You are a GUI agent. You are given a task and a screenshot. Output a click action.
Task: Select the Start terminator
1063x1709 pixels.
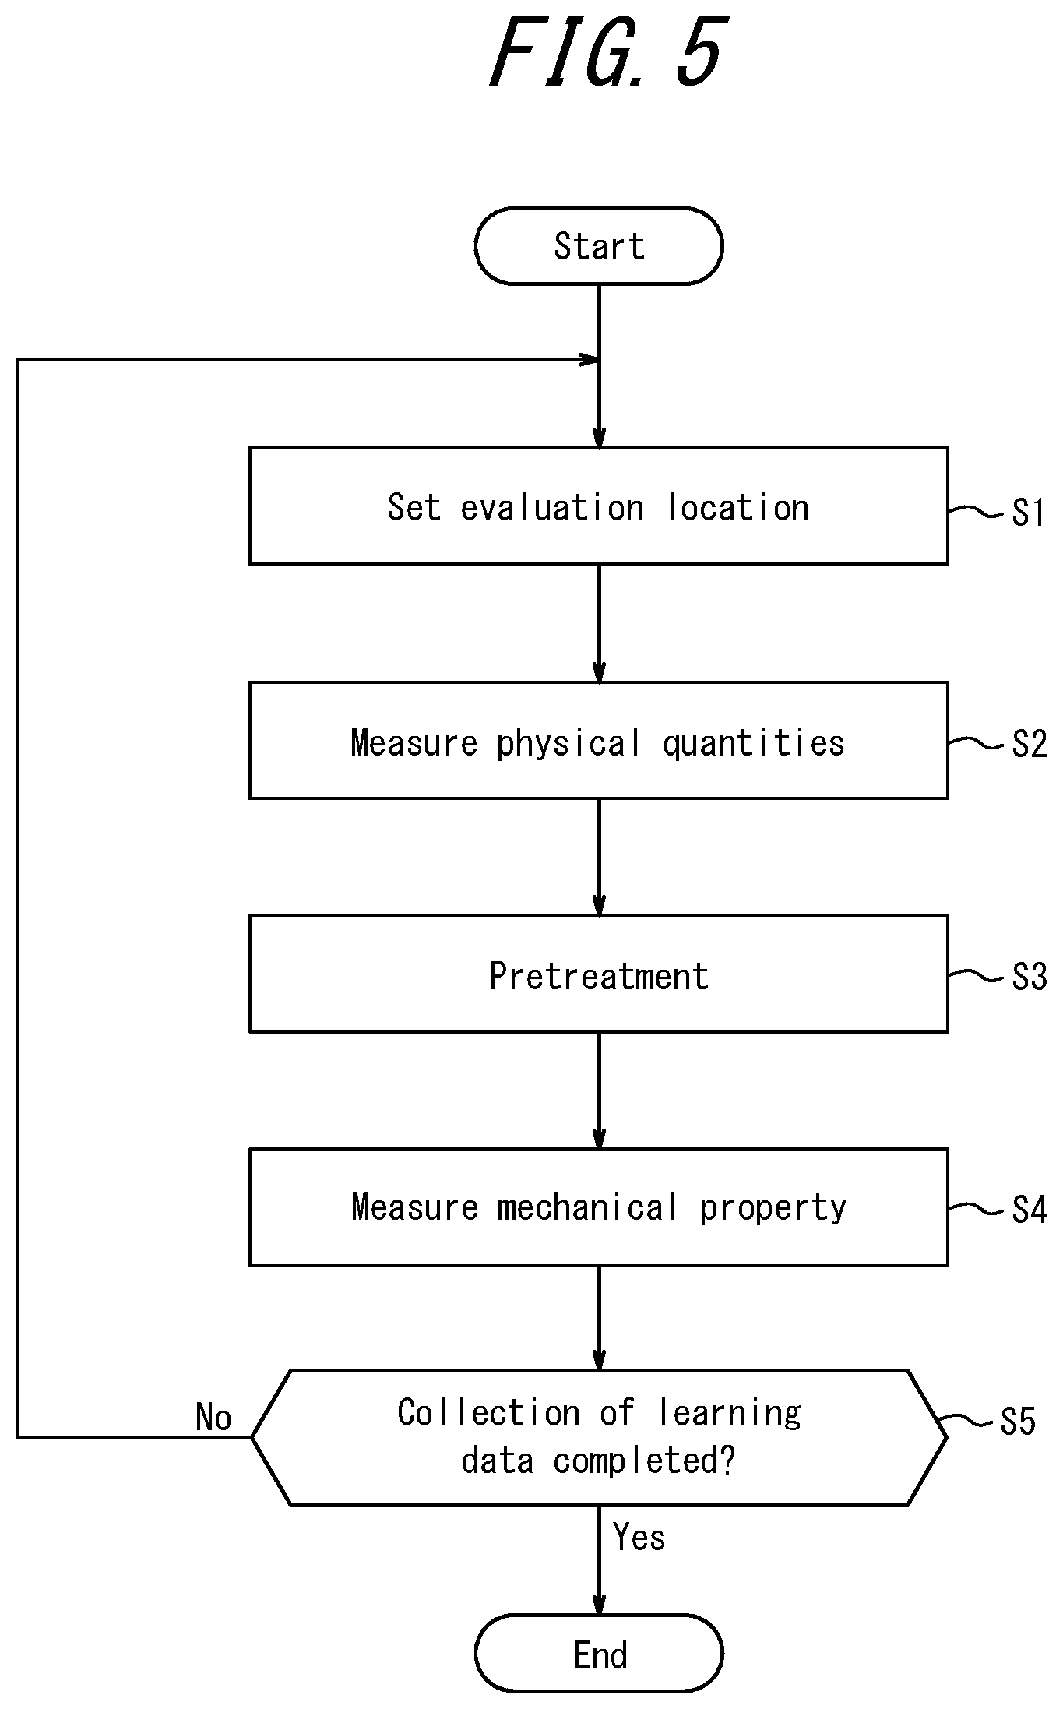599,246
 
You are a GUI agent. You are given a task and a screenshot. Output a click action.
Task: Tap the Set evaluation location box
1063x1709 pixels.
599,506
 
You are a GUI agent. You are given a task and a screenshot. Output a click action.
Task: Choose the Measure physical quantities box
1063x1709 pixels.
599,740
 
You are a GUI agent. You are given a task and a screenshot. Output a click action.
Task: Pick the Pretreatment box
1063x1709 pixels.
599,974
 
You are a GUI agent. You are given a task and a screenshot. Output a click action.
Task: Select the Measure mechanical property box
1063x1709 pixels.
599,1207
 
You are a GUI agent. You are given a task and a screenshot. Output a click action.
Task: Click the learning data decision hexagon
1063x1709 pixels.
599,1437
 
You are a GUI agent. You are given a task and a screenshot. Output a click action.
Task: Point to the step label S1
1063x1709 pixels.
1028,513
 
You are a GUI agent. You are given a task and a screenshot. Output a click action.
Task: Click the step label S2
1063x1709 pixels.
1029,744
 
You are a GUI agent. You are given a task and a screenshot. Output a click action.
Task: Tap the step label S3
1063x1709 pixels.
1029,977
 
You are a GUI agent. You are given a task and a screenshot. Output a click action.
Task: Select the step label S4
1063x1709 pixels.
1029,1210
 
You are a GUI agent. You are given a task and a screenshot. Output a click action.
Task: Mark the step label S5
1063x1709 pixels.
1018,1422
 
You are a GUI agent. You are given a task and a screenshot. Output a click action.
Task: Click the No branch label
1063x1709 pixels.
213,1417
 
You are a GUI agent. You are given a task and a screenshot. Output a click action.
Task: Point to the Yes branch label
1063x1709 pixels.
639,1537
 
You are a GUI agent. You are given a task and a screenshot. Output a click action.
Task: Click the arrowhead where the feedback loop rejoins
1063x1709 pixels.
590,360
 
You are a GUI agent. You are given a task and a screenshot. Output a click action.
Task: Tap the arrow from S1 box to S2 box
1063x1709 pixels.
599,623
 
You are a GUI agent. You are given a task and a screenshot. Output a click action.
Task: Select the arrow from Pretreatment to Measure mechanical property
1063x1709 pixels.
599,1091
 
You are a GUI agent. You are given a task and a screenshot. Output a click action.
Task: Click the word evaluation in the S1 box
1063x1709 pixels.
552,508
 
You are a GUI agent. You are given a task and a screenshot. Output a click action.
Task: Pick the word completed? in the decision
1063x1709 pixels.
644,1461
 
